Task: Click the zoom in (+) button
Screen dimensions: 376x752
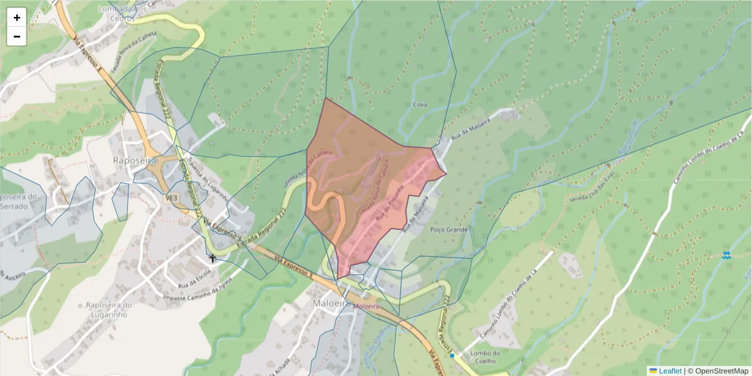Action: point(17,18)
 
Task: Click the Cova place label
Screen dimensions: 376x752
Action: point(420,105)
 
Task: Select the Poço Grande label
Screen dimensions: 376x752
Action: point(449,230)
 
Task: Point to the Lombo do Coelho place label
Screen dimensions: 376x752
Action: point(484,357)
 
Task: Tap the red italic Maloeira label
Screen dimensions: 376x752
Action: point(366,306)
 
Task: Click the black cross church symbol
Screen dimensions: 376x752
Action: point(212,258)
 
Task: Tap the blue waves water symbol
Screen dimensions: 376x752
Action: point(726,255)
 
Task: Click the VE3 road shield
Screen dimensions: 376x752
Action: point(170,197)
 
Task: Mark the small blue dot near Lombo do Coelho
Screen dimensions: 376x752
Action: point(452,355)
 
